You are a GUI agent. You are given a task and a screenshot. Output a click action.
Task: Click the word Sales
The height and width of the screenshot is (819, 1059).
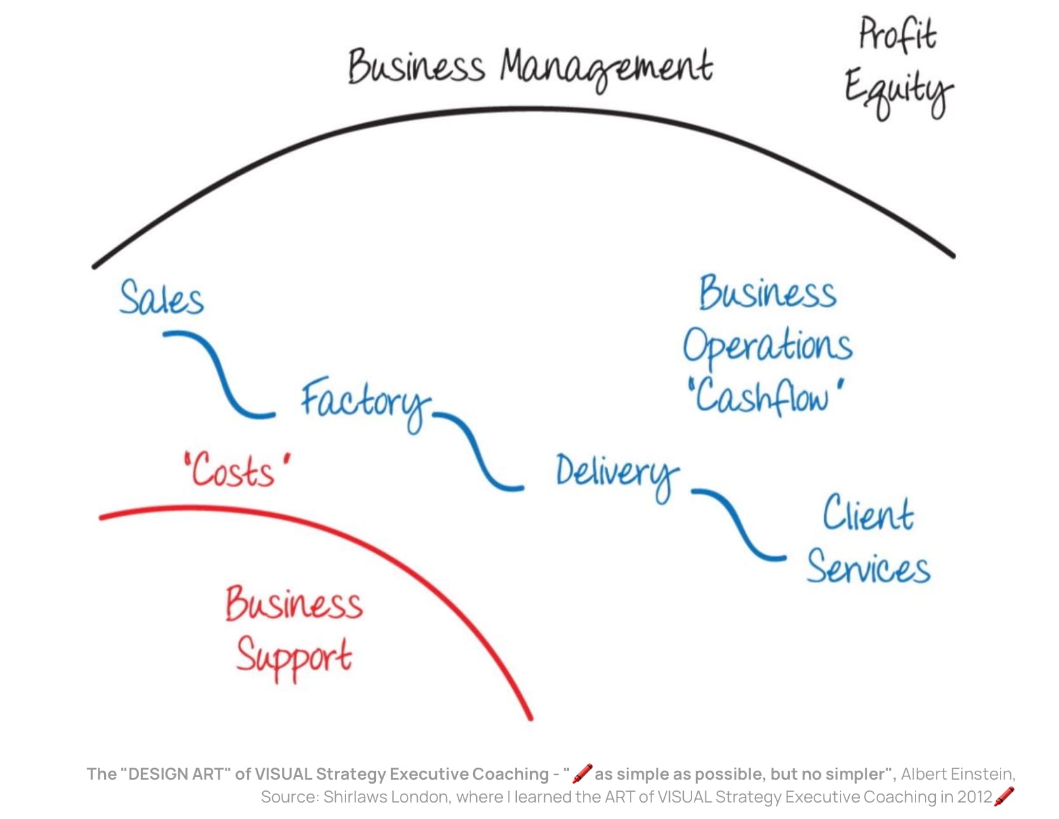(x=162, y=298)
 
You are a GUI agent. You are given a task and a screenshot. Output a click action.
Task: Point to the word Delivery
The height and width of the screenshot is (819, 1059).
(x=616, y=473)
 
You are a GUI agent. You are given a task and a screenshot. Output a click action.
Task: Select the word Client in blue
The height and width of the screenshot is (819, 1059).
(x=868, y=513)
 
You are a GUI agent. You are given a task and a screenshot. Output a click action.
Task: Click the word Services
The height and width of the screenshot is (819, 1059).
(x=868, y=566)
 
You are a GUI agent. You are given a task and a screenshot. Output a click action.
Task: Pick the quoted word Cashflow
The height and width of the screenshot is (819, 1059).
(x=765, y=397)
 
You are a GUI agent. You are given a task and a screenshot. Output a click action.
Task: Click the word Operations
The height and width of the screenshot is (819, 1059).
(x=767, y=346)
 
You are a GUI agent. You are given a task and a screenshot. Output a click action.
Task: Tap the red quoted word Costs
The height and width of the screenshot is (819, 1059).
(x=235, y=471)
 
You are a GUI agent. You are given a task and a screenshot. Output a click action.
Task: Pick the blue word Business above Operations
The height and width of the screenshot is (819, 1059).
(x=767, y=293)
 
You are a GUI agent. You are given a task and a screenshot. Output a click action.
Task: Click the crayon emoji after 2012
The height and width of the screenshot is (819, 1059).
(x=1004, y=796)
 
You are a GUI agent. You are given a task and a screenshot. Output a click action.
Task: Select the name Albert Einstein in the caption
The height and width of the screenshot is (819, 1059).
(x=957, y=774)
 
